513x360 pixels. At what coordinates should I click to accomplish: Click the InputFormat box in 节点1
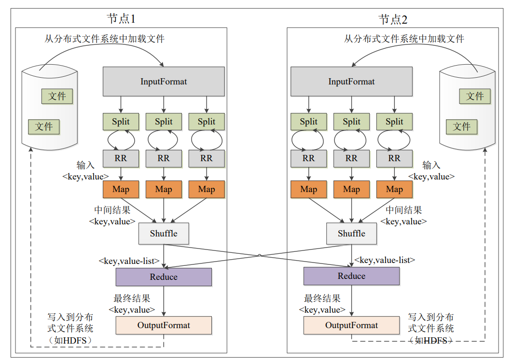[x=164, y=82]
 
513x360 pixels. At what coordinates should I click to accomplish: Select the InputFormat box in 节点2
[x=351, y=82]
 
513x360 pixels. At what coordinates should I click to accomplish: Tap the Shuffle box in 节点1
[x=164, y=234]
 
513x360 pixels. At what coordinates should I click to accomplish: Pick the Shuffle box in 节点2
[x=351, y=234]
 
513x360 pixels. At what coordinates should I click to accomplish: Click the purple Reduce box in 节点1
[x=164, y=277]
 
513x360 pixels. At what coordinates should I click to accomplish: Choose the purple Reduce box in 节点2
[x=351, y=276]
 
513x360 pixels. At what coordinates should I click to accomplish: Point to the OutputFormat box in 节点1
[x=164, y=325]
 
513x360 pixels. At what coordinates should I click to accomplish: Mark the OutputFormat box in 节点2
[x=351, y=325]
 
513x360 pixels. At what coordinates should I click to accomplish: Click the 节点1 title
[x=121, y=19]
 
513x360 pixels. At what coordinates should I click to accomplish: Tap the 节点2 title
[x=393, y=19]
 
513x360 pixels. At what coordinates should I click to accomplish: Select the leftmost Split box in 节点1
[x=121, y=122]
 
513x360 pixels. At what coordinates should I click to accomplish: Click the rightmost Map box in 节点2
[x=394, y=189]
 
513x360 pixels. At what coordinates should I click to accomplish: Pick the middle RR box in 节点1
[x=164, y=158]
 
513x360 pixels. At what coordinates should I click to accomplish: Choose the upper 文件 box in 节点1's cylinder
[x=57, y=96]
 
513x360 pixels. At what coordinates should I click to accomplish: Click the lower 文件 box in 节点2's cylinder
[x=461, y=126]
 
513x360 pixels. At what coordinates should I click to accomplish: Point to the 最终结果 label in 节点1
[x=132, y=298]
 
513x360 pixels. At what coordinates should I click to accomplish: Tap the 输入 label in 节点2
[x=431, y=166]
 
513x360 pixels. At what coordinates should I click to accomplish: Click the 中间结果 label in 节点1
[x=112, y=210]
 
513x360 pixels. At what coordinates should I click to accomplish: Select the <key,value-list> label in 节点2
[x=385, y=260]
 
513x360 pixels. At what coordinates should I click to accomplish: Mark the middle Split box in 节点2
[x=351, y=122]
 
